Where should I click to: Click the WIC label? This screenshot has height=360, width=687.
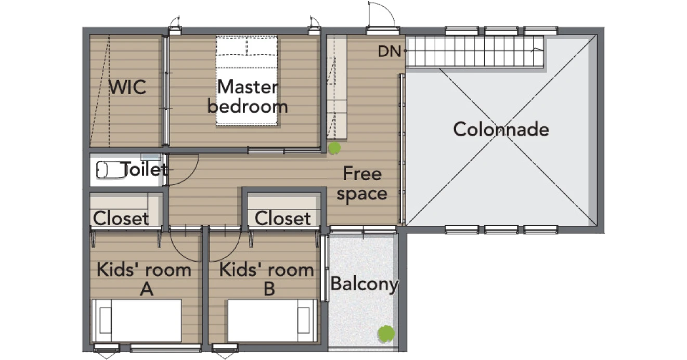(x=127, y=87)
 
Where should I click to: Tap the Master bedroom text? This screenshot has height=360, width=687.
(x=248, y=96)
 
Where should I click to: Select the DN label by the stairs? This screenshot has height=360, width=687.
(x=389, y=52)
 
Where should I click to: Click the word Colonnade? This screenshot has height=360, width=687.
(x=501, y=129)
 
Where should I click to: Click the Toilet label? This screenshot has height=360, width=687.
(x=144, y=169)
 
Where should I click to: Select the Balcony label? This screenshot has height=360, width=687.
(x=365, y=285)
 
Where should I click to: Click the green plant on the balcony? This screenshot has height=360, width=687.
(x=386, y=334)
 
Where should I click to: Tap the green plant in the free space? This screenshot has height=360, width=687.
(x=334, y=148)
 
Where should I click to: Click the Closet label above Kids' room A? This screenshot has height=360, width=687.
(x=121, y=218)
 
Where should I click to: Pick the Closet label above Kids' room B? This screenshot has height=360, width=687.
(x=282, y=218)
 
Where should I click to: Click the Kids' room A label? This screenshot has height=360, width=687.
(x=144, y=279)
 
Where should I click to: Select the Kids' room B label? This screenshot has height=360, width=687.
(x=267, y=279)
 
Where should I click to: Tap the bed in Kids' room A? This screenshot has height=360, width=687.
(x=137, y=320)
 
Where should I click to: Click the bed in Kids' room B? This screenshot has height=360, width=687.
(x=273, y=320)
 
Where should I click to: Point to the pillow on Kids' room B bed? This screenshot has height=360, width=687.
(x=304, y=320)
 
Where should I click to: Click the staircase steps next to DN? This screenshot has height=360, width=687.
(x=475, y=51)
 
